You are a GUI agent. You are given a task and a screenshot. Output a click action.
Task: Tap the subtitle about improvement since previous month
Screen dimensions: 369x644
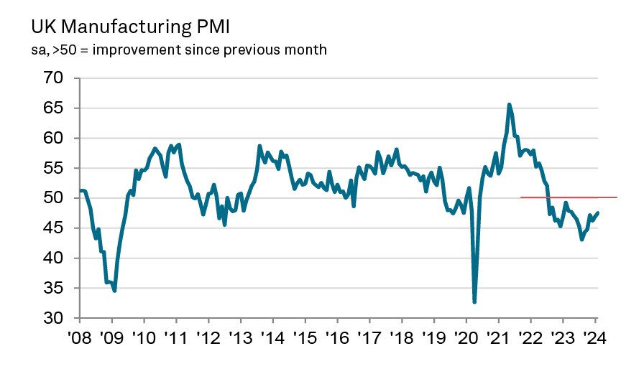(x=179, y=50)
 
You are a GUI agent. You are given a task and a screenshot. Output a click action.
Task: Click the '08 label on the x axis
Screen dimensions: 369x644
(x=80, y=337)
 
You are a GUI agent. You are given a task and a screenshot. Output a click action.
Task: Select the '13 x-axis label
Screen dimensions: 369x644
(x=241, y=337)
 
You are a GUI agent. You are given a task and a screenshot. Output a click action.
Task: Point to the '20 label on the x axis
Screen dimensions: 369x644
(x=466, y=337)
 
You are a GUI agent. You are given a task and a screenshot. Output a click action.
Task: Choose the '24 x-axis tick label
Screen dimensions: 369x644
(x=594, y=337)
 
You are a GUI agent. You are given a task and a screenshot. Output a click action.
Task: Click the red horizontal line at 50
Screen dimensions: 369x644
(x=568, y=197)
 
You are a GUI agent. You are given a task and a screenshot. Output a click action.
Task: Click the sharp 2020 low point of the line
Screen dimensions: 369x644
(x=474, y=302)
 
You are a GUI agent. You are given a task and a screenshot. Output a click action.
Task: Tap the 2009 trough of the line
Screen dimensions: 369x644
(x=114, y=291)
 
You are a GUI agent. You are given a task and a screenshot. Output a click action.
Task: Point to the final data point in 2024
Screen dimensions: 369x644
(x=599, y=212)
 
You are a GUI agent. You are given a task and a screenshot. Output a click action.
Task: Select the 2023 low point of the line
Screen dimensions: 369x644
(x=581, y=240)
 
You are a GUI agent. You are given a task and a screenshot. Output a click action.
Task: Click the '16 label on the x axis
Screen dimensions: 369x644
(x=337, y=337)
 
